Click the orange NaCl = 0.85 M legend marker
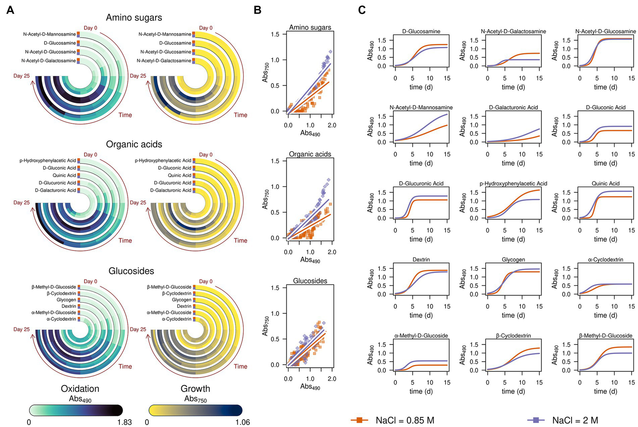(x=360, y=420)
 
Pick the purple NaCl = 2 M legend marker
(x=536, y=420)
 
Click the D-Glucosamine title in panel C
(x=421, y=31)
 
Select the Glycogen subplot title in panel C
(x=513, y=260)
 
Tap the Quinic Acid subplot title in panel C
(x=606, y=183)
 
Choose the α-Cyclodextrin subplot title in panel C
(x=606, y=260)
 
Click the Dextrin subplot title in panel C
(x=421, y=260)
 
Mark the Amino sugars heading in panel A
(x=134, y=17)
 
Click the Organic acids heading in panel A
(x=134, y=144)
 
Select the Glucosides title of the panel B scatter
(x=310, y=281)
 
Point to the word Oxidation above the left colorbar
(x=80, y=389)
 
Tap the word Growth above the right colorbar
(x=195, y=389)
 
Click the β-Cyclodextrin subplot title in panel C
(x=513, y=336)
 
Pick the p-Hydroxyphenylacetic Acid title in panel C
(x=513, y=183)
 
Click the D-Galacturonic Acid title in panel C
(x=513, y=107)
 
